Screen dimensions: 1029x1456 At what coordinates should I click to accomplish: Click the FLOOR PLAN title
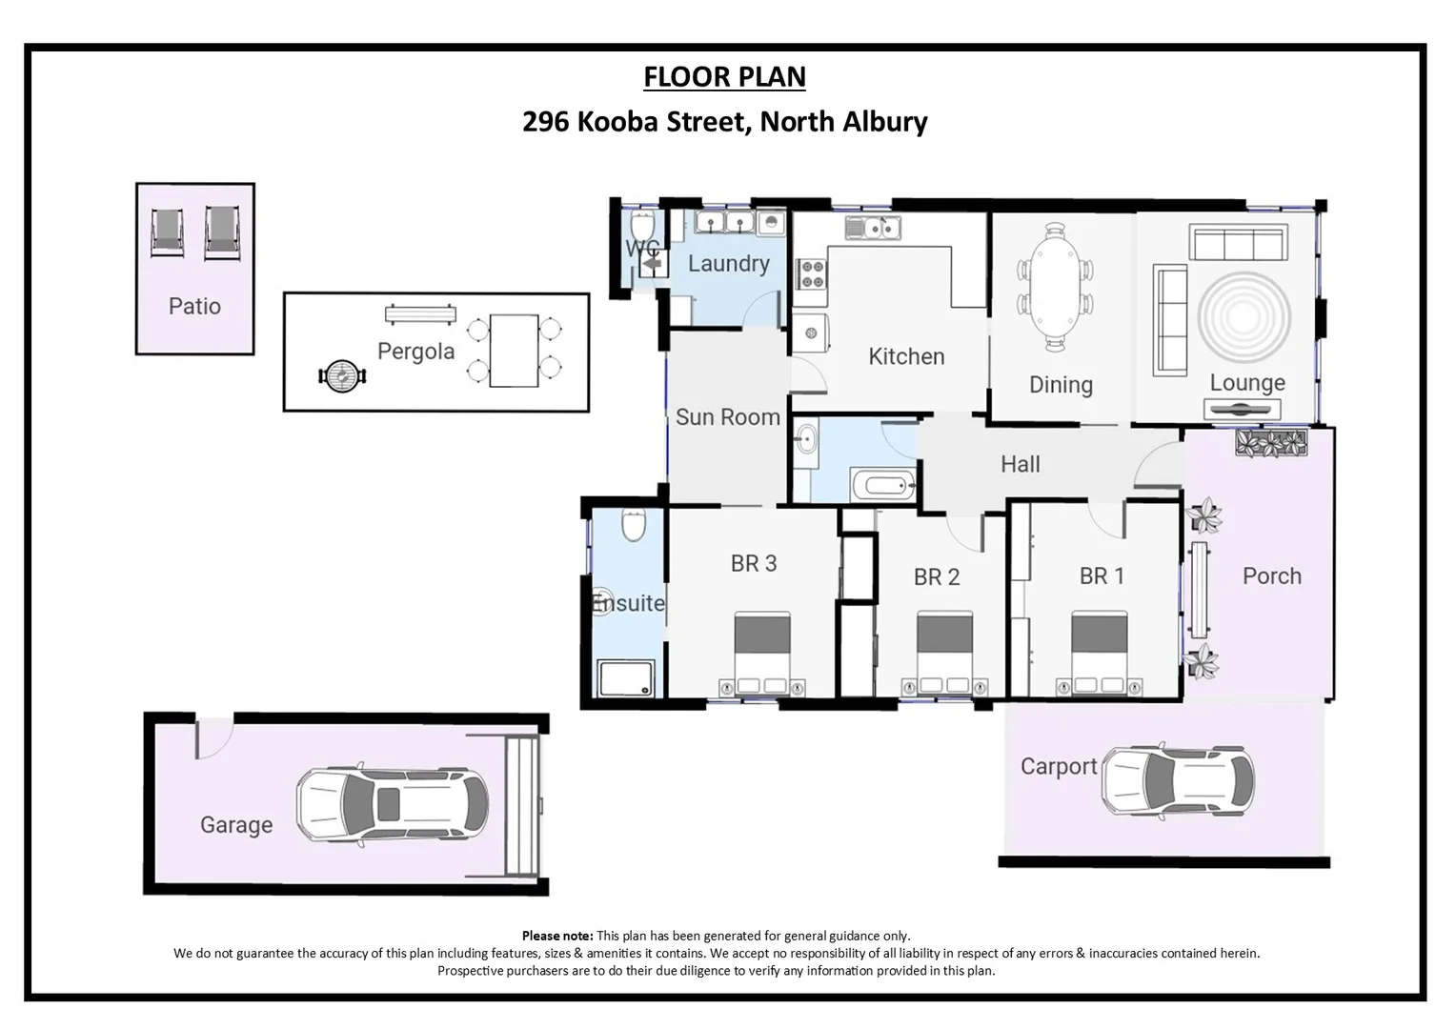(x=724, y=77)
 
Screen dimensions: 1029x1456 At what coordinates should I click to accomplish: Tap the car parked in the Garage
(x=392, y=805)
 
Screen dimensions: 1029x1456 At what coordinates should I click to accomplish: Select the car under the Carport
(x=1178, y=781)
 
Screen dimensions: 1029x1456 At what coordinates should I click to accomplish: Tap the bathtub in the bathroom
(x=881, y=487)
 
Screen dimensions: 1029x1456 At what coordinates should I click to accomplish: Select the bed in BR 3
(x=762, y=654)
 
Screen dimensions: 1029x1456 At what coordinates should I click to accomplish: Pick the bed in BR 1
(x=1105, y=654)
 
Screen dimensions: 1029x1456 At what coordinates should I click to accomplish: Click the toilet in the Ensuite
(x=634, y=525)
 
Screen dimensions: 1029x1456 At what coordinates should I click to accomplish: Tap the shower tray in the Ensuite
(x=626, y=679)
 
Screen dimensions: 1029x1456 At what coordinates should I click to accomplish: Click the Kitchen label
(x=906, y=357)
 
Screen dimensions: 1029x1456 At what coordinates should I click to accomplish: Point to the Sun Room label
(x=727, y=417)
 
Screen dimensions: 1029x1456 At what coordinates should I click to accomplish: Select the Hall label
(x=1020, y=465)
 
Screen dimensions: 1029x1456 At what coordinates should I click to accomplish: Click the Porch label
(x=1271, y=576)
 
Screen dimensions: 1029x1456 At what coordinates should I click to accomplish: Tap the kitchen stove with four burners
(x=812, y=275)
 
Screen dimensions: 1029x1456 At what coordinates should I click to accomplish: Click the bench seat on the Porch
(x=1198, y=591)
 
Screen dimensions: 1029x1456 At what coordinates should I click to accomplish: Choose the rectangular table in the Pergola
(x=514, y=351)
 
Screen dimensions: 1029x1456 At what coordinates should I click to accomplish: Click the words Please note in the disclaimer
(x=556, y=936)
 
